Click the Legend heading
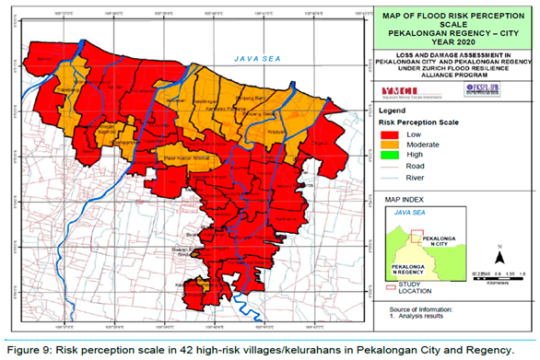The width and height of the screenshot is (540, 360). click(x=393, y=109)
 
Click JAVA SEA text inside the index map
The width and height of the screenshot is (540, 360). click(x=407, y=213)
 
